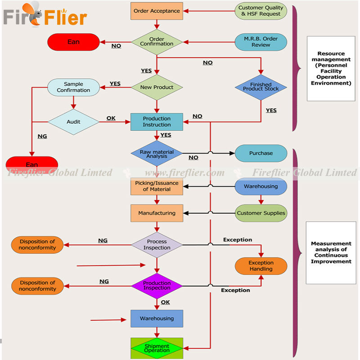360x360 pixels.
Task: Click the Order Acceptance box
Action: [157, 11]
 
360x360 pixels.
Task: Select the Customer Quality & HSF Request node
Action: [261, 11]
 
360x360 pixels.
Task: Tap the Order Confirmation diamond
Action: [157, 42]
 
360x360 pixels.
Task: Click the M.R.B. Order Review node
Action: [261, 42]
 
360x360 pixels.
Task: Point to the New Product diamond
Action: [157, 87]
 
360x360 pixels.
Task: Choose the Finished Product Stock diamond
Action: [261, 87]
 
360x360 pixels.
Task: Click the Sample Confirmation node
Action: [73, 87]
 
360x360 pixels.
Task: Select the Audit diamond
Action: [73, 121]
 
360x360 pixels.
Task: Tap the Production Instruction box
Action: [157, 121]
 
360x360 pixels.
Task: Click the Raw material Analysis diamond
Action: [157, 153]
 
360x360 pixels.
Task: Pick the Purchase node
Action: [261, 153]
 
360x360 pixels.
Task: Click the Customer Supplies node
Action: [261, 213]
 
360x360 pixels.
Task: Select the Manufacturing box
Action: [157, 213]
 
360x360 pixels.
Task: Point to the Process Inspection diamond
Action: [157, 245]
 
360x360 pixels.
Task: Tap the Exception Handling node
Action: [261, 266]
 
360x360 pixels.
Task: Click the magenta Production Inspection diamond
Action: [157, 286]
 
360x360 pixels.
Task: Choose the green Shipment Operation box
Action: [157, 348]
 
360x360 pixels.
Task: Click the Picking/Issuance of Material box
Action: [157, 186]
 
